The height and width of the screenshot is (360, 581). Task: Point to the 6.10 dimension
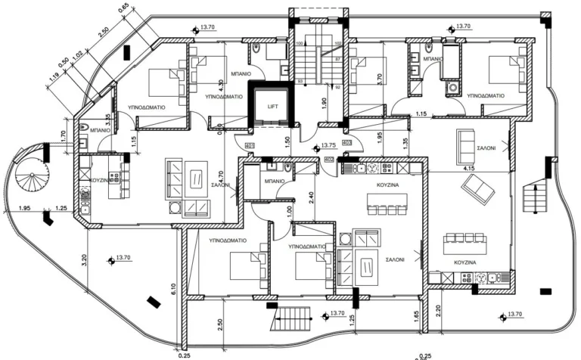click(x=174, y=287)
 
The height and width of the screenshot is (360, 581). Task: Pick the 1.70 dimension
click(x=64, y=138)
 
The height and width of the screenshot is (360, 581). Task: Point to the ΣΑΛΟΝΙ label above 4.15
click(x=486, y=150)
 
